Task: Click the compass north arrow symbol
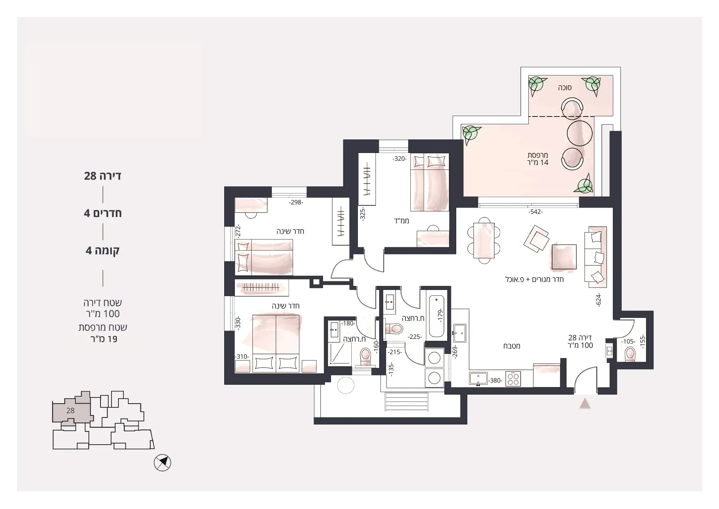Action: click(162, 463)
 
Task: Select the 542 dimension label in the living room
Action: click(535, 212)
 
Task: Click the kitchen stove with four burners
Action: click(513, 379)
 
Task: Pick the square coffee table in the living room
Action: click(564, 257)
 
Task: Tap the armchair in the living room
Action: click(536, 239)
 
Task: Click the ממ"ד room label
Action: click(403, 221)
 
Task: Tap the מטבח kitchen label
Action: click(512, 346)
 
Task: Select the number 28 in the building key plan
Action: click(71, 410)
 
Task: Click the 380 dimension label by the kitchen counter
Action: click(495, 381)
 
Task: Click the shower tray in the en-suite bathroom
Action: click(340, 354)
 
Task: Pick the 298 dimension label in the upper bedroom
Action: click(296, 202)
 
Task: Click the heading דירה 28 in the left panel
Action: click(102, 176)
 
